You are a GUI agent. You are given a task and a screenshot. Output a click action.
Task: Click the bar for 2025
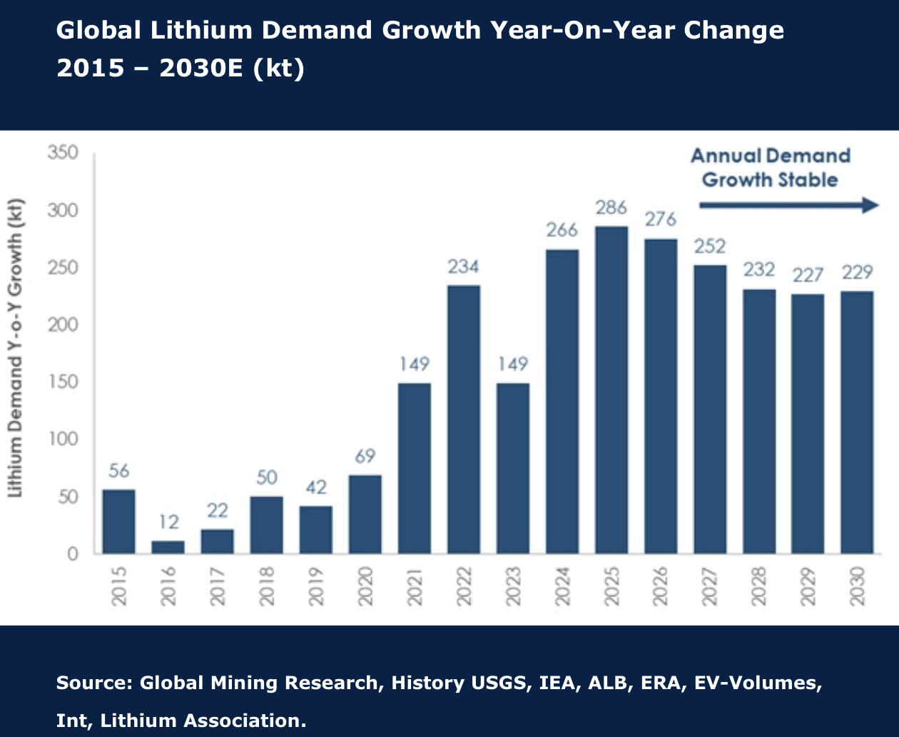coord(611,390)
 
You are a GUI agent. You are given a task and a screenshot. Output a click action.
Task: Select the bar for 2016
coord(168,547)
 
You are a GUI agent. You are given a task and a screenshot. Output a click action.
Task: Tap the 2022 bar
coord(464,419)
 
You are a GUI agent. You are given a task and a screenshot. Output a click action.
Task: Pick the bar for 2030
coord(857,422)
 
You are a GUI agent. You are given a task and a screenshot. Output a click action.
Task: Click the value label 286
coord(611,208)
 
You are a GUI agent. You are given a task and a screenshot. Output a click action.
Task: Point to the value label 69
coord(365,456)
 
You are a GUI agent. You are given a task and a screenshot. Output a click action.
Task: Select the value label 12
coord(168,522)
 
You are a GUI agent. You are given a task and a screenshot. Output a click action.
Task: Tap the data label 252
coord(710,246)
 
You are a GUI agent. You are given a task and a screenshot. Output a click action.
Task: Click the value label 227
coord(808,275)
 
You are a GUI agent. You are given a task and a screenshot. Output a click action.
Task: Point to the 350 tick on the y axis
coord(63,152)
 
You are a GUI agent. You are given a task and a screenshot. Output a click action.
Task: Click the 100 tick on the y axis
coord(63,439)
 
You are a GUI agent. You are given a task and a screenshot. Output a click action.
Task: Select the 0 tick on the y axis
coord(72,554)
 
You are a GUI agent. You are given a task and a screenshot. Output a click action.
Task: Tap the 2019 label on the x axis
coord(316,586)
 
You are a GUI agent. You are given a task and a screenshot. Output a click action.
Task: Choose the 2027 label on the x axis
coord(710,586)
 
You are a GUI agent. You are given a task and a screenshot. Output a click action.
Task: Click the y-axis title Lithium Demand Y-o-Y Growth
coord(16,348)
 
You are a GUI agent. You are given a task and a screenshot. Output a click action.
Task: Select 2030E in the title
coord(201,68)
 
